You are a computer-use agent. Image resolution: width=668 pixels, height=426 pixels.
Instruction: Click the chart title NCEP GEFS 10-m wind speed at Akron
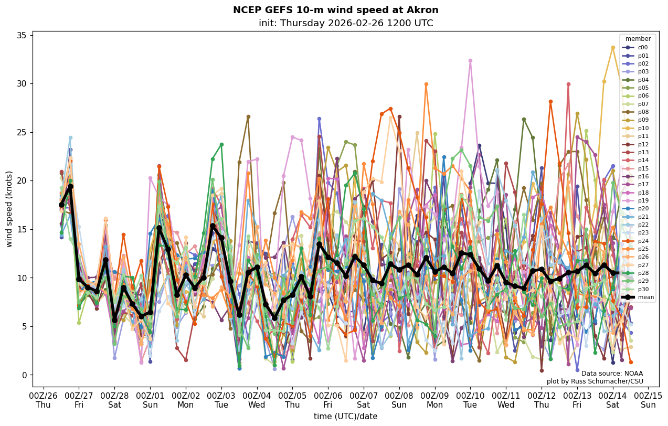(x=335, y=10)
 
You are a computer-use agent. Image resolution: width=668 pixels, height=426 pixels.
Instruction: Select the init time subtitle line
(x=346, y=23)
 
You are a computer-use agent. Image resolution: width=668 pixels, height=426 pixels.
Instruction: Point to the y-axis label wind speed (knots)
(x=9, y=209)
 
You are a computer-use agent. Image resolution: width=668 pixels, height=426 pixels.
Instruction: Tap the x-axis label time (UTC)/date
(x=345, y=416)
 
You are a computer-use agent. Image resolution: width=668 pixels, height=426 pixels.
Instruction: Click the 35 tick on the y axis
(x=22, y=35)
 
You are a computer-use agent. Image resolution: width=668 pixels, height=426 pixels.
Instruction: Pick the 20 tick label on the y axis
(x=22, y=181)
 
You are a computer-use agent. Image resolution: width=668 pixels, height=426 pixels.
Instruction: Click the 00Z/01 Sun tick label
(x=150, y=399)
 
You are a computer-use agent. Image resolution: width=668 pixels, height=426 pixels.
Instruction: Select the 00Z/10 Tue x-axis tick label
(x=470, y=399)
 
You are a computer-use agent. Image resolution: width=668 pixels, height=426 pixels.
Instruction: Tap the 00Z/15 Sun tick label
(x=648, y=399)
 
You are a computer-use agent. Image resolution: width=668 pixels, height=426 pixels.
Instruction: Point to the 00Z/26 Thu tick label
(x=43, y=399)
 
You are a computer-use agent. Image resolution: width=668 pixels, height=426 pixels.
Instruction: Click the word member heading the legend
(x=638, y=39)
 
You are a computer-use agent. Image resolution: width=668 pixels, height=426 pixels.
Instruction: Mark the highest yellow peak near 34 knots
(x=612, y=48)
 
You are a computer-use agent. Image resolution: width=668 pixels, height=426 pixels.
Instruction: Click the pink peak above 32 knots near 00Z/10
(x=470, y=61)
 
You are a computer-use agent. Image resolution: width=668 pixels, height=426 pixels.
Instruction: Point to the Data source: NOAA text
(x=612, y=374)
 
